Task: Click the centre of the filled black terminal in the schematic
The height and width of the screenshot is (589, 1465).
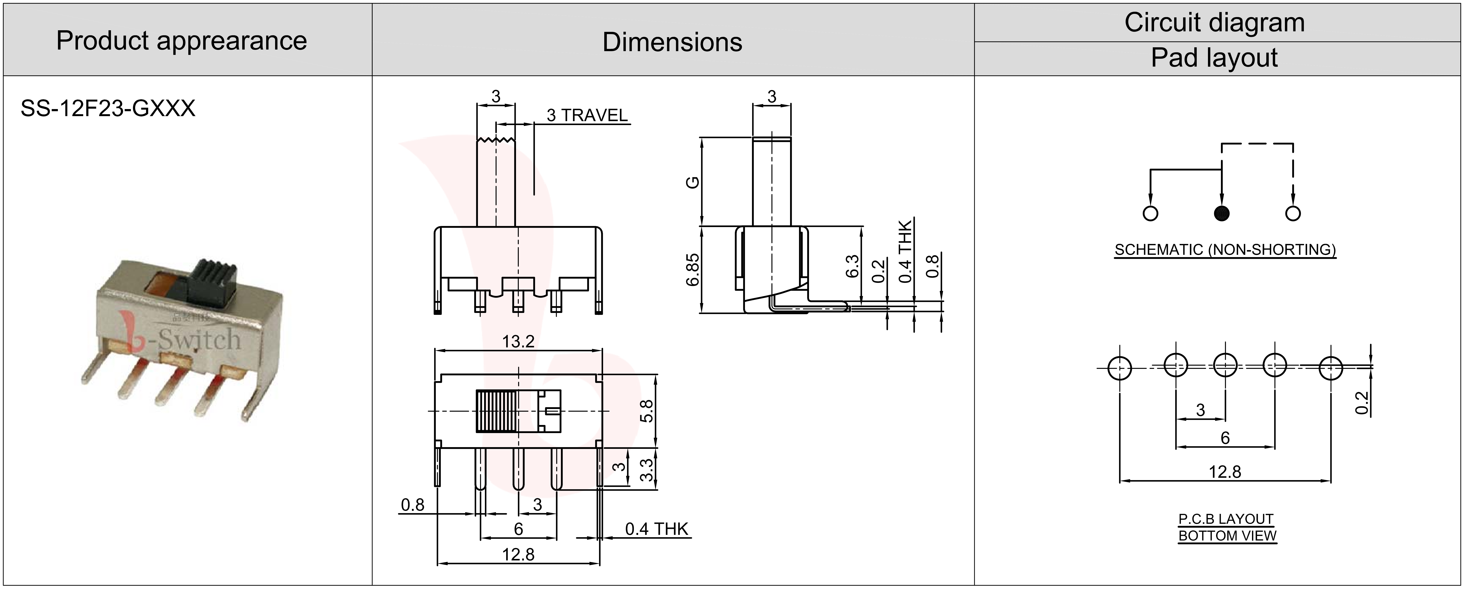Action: tap(1221, 213)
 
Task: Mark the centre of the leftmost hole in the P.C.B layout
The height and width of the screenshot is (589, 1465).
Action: tap(1119, 368)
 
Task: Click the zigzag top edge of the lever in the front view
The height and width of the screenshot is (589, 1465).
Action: tap(495, 139)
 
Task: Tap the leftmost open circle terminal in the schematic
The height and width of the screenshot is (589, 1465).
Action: tap(1150, 213)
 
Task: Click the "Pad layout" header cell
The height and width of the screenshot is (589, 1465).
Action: tap(1214, 58)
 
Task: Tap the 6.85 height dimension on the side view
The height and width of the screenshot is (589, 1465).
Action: tap(693, 270)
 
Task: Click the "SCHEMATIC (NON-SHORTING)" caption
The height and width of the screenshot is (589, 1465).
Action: tap(1225, 250)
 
